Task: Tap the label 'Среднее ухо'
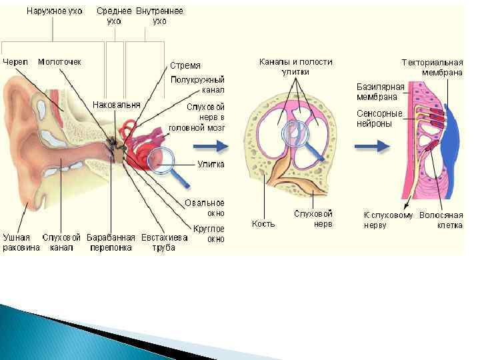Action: tap(115, 16)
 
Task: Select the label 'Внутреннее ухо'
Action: tap(159, 16)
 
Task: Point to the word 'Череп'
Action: tap(15, 61)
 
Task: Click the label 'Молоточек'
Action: tap(59, 61)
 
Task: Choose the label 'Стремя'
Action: tap(186, 65)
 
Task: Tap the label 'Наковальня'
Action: tap(117, 105)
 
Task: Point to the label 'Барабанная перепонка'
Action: tap(113, 243)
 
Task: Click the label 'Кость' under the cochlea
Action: tap(263, 223)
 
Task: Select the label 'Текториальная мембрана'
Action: tap(432, 67)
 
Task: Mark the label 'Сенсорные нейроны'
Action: tap(379, 118)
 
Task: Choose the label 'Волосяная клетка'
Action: tap(441, 220)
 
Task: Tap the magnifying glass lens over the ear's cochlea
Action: tap(161, 159)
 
